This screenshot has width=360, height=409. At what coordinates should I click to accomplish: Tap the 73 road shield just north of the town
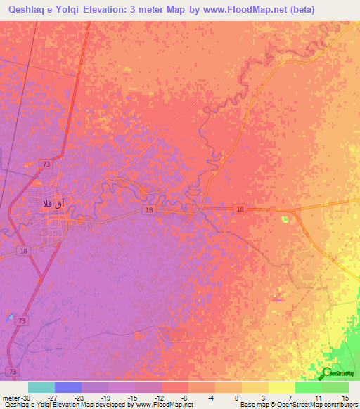(x=46, y=163)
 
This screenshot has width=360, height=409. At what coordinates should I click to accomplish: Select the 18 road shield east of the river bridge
(x=240, y=209)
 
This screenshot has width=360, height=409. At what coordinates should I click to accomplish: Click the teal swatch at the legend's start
(x=41, y=387)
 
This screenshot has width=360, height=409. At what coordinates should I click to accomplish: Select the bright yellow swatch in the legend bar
(x=282, y=387)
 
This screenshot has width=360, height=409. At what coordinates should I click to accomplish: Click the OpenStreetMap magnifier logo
(x=327, y=372)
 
